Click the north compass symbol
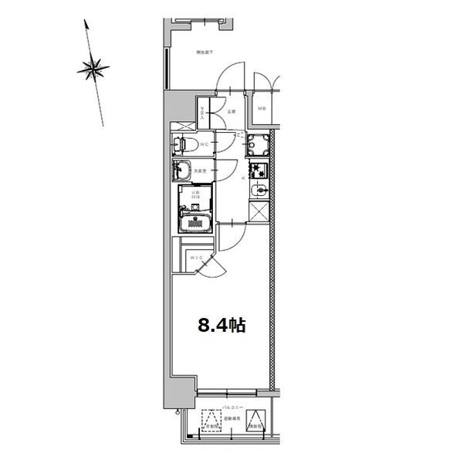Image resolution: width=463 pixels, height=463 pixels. (93, 70)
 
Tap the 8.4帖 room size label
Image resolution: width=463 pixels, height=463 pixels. (221, 325)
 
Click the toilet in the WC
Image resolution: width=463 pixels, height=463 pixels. (183, 144)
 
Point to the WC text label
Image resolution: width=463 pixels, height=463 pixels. (203, 144)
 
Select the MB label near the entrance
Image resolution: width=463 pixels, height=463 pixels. (262, 108)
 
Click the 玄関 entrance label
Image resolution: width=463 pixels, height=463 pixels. (231, 113)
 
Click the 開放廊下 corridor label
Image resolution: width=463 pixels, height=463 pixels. (204, 52)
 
